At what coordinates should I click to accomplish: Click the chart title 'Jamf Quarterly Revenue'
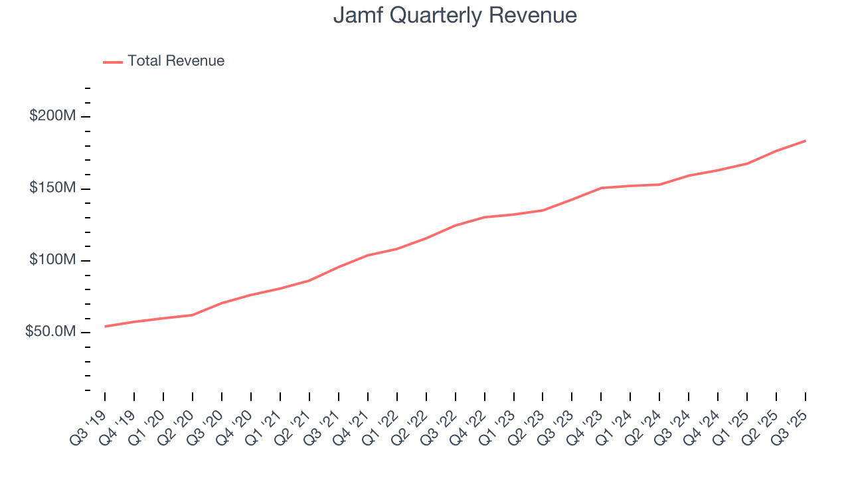tap(455, 15)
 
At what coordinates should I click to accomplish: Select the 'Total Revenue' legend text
tap(176, 61)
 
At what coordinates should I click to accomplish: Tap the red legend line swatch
tap(113, 62)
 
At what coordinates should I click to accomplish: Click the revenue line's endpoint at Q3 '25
tap(806, 141)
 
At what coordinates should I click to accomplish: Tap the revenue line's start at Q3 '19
tap(105, 327)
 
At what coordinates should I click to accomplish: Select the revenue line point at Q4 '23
tap(601, 188)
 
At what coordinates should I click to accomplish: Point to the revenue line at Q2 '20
tap(193, 315)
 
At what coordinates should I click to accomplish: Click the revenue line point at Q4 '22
tap(485, 217)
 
